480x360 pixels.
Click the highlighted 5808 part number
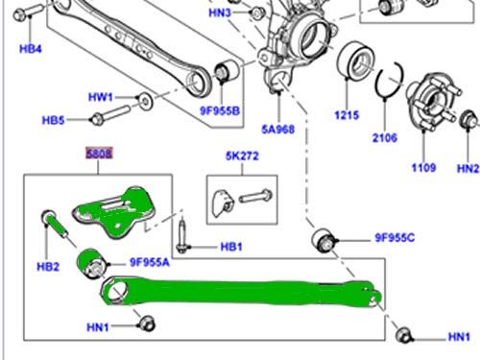99,154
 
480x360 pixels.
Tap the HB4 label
31,49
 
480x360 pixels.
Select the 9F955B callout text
220,110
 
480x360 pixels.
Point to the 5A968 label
278,130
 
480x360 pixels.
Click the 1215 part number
347,115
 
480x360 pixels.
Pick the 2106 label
385,138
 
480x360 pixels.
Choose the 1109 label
423,168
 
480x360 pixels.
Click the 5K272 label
242,156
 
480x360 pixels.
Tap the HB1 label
231,247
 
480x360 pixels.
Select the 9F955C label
395,238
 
